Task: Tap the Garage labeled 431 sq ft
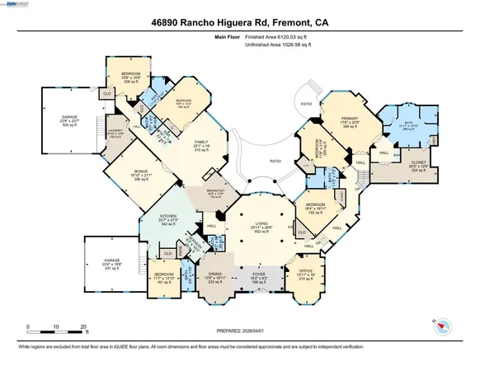pyautogui.click(x=112, y=261)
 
